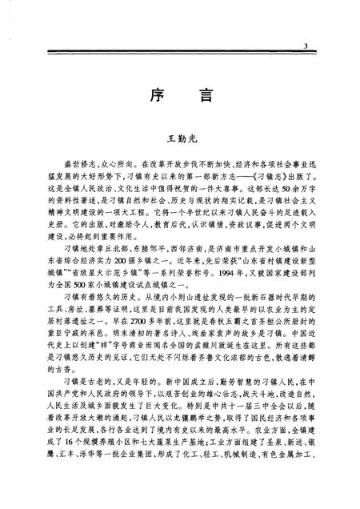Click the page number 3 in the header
click(306, 48)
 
